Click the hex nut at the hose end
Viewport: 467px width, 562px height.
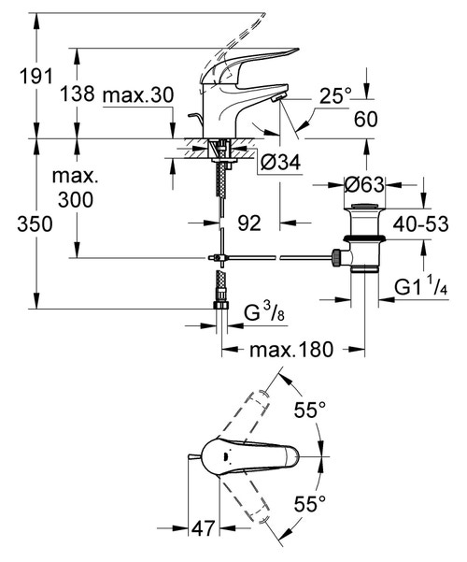(222, 305)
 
